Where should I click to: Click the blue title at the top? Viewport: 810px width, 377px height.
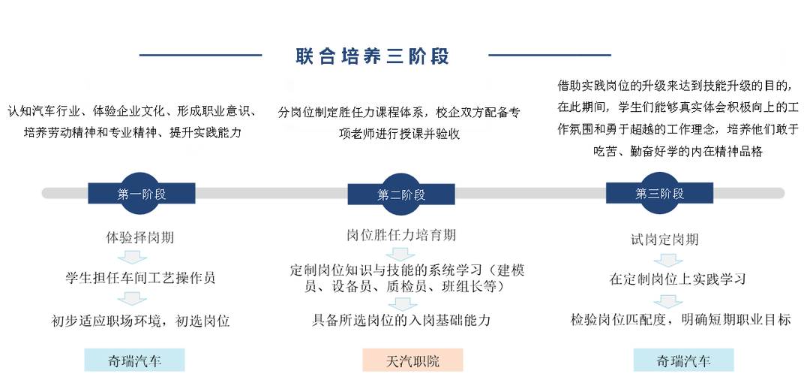373,56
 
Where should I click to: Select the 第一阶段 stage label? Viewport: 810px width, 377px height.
141,194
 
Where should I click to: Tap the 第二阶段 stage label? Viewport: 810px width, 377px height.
400,195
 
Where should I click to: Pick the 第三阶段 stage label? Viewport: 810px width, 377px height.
660,193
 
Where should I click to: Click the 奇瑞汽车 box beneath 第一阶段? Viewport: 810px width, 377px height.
134,360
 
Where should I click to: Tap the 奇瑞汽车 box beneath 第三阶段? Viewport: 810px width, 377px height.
683,360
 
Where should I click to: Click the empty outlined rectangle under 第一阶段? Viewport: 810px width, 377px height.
142,276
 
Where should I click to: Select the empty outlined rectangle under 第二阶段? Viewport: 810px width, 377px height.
407,276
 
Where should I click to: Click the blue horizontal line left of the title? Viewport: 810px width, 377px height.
201,55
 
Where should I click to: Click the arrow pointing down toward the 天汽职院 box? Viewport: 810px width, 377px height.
402,305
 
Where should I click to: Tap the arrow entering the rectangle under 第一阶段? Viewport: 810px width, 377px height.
132,258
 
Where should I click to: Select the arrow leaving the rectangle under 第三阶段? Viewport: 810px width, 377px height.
667,302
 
